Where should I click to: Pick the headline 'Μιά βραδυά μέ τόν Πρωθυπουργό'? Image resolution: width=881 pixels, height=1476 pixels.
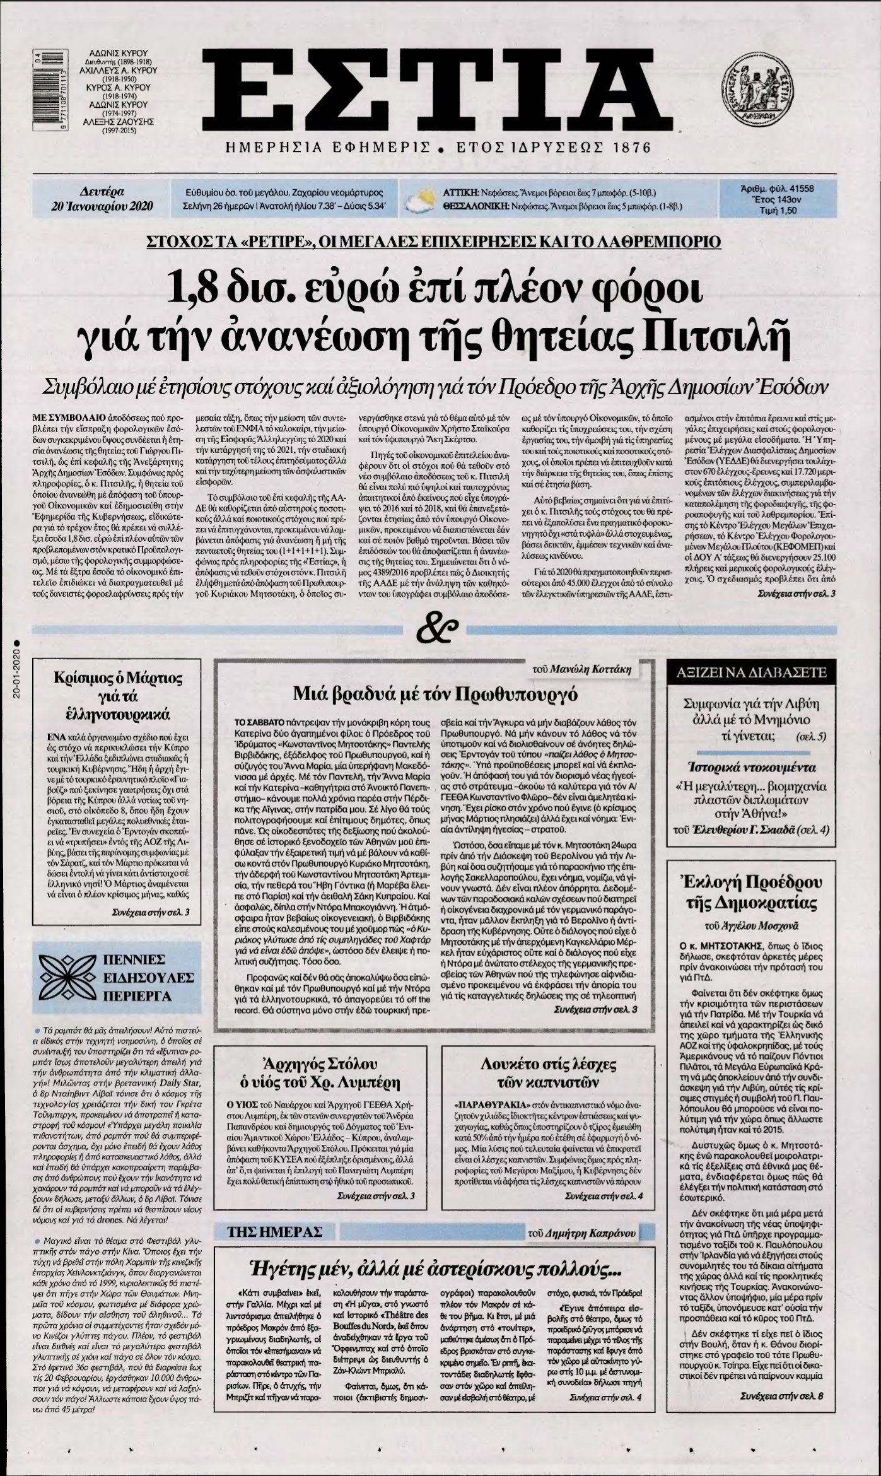(436, 694)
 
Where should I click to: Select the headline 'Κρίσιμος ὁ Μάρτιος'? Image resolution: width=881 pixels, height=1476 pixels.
(118, 679)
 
